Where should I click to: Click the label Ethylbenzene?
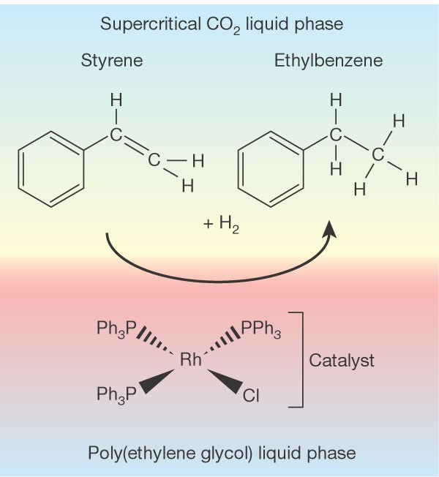329,61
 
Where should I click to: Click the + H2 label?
220,226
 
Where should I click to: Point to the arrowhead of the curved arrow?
330,229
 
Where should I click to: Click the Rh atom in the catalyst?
192,360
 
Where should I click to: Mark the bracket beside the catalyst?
300,358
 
